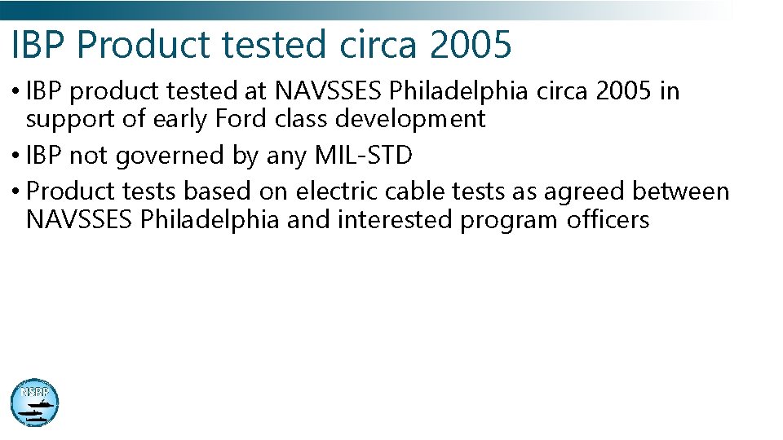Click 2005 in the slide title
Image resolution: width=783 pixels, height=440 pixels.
pos(471,45)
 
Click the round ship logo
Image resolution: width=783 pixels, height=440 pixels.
pos(34,403)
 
